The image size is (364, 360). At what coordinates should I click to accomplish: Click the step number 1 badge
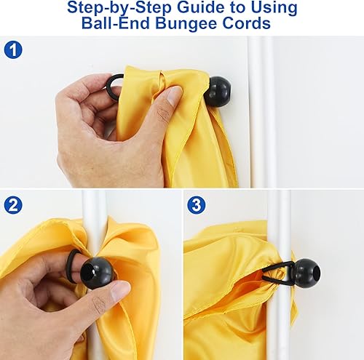(x=13, y=49)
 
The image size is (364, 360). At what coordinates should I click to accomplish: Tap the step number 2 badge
(x=13, y=205)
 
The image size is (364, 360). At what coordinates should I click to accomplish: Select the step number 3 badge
(x=197, y=205)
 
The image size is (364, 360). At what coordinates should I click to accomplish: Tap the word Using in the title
(x=274, y=8)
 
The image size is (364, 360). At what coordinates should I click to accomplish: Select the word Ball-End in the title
(x=115, y=23)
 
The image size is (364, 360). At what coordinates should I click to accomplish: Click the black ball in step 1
(x=218, y=92)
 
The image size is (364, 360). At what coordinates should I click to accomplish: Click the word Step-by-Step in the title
(x=119, y=8)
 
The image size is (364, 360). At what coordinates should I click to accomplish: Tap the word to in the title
(x=240, y=8)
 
